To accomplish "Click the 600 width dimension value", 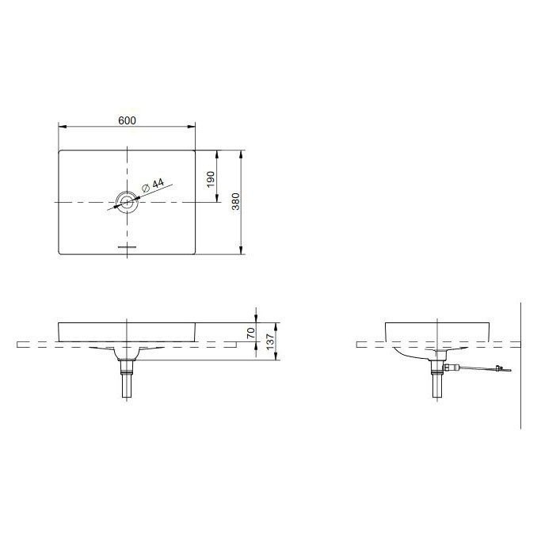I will pos(128,120).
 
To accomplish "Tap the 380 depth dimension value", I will pos(235,202).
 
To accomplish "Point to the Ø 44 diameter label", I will pos(152,185).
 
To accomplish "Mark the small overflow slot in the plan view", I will pos(127,247).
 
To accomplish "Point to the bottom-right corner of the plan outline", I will pos(194,253).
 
